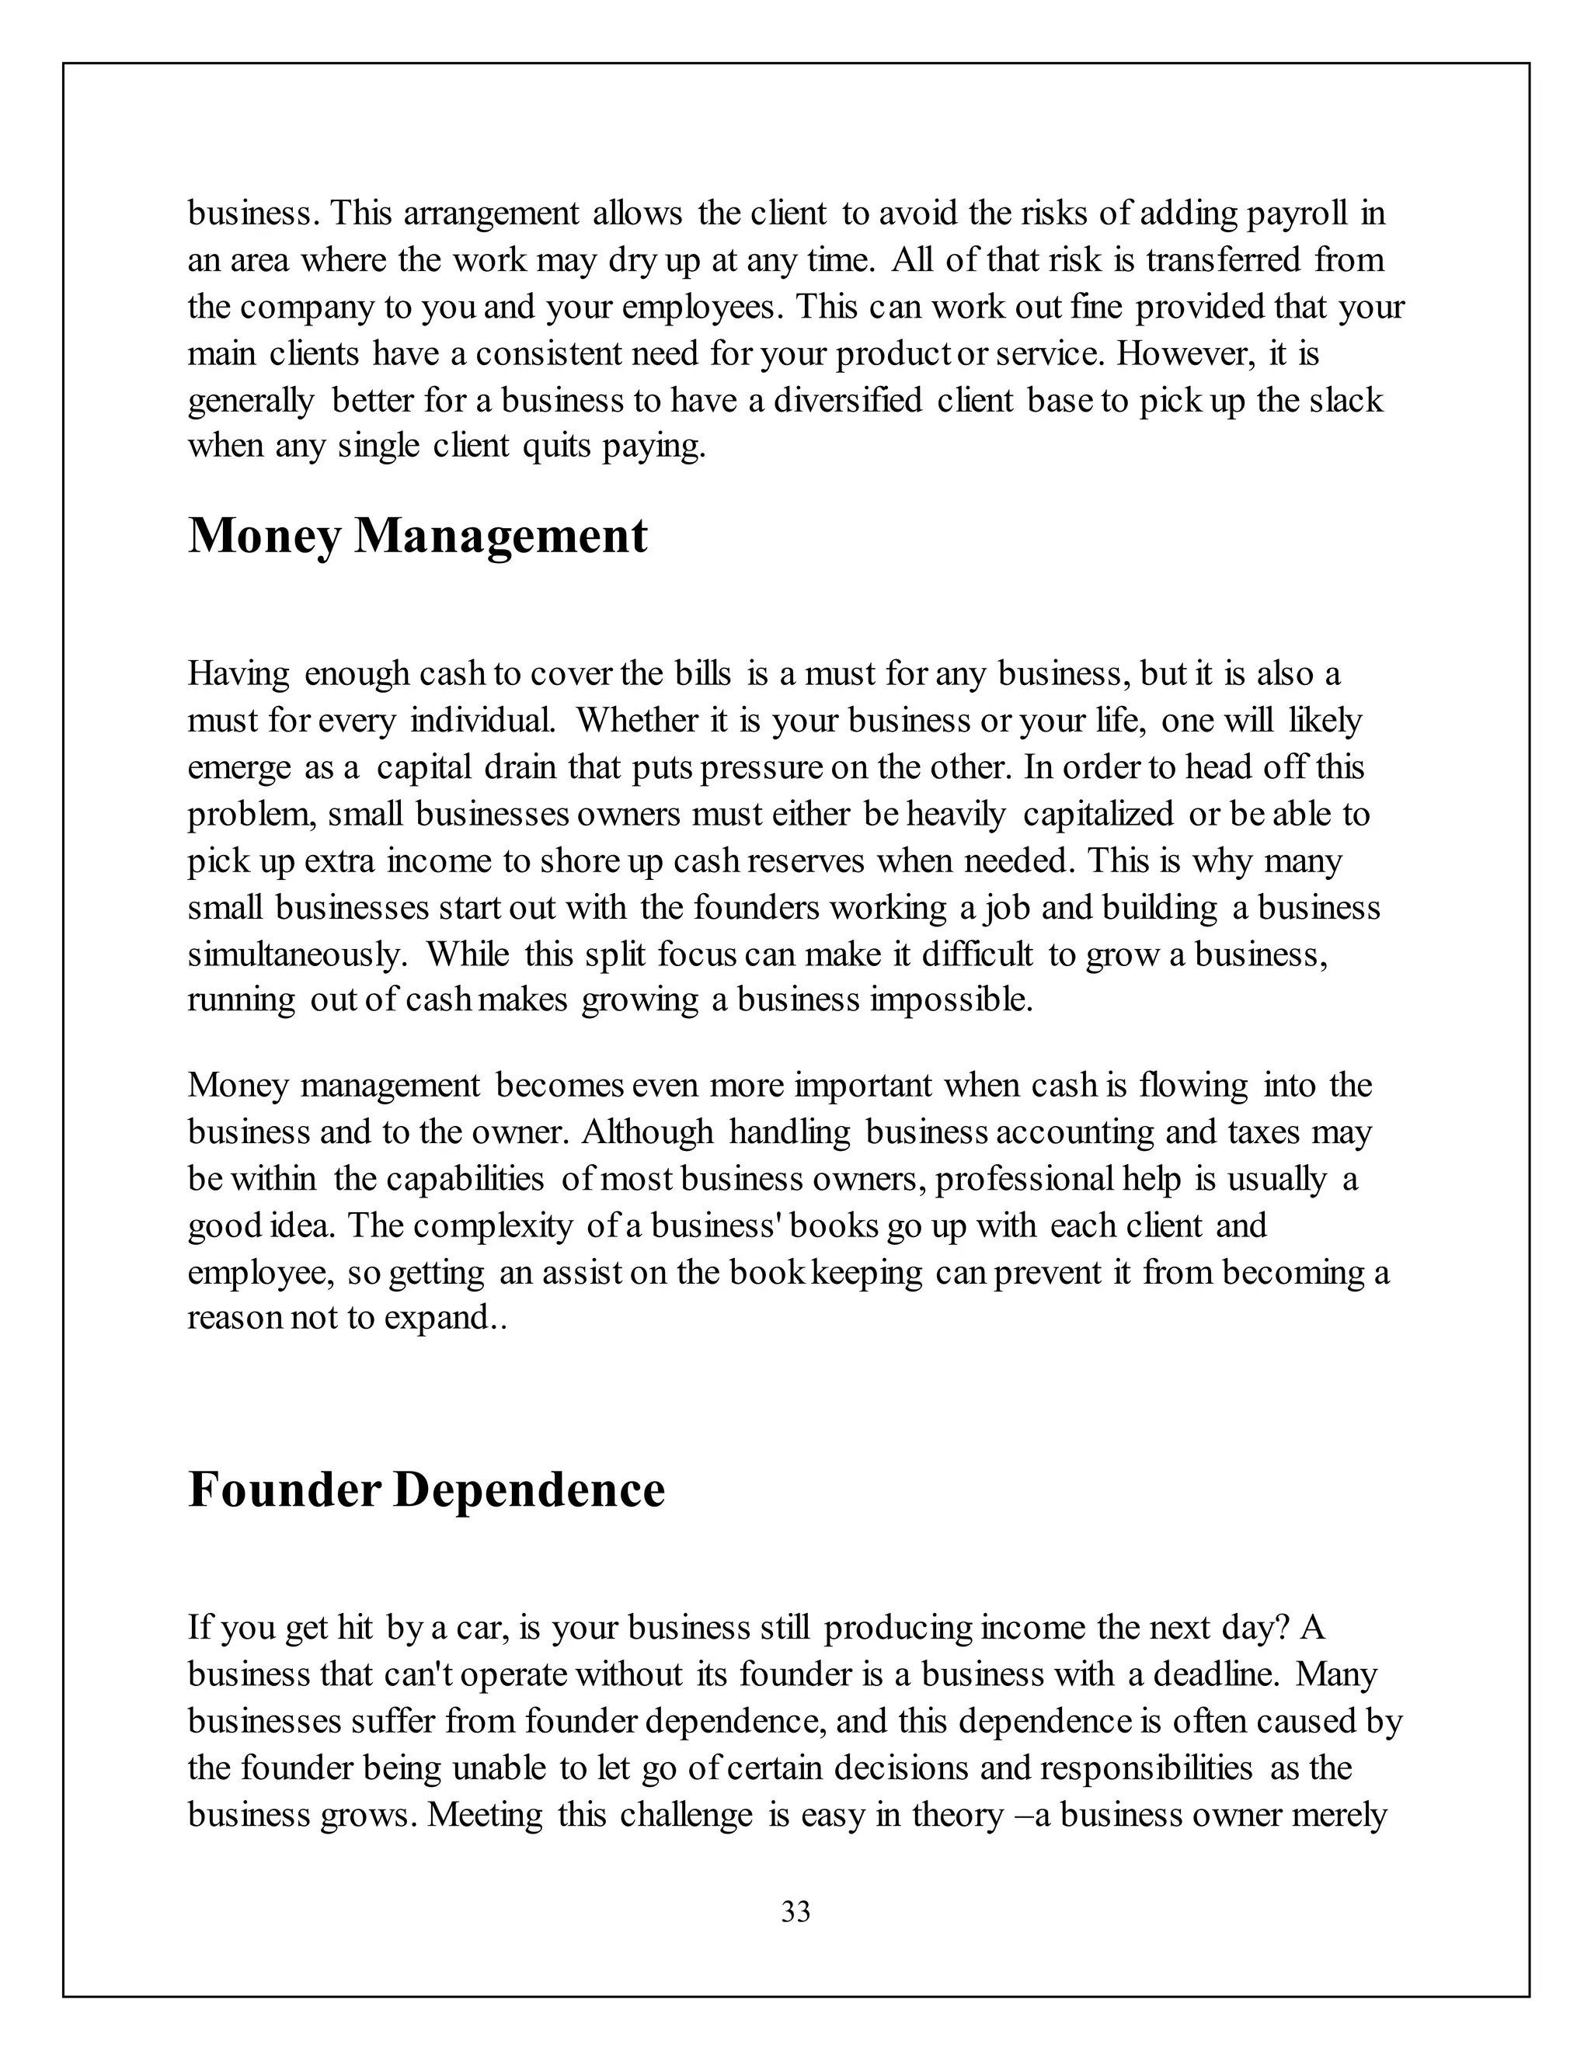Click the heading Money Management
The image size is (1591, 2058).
[x=417, y=537]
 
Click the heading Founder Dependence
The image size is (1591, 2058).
[x=426, y=1490]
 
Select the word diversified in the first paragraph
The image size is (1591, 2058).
[x=848, y=401]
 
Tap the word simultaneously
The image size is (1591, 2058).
[x=298, y=954]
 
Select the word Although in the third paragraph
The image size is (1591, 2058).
[x=648, y=1132]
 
